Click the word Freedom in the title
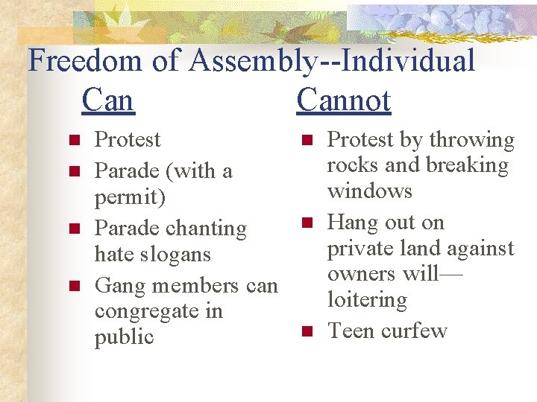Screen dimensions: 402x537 pyautogui.click(x=85, y=61)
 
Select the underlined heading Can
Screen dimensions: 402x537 pyautogui.click(x=108, y=100)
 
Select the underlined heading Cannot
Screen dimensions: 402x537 pyautogui.click(x=343, y=100)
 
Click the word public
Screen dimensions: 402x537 pyautogui.click(x=124, y=336)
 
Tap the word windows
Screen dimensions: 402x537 pyautogui.click(x=370, y=191)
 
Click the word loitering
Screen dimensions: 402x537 pyautogui.click(x=367, y=299)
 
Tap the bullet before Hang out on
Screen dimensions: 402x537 pyautogui.click(x=306, y=223)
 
